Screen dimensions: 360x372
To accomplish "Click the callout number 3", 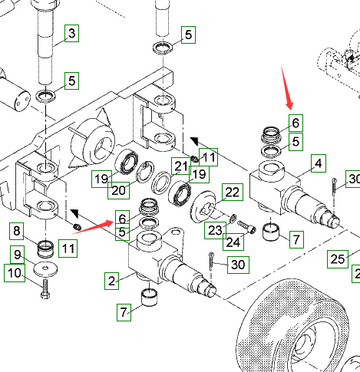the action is (x=71, y=33).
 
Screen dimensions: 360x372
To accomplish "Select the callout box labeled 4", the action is (x=319, y=163).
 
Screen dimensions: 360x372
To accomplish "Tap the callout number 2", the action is (x=111, y=281).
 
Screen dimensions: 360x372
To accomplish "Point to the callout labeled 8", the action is (x=17, y=231).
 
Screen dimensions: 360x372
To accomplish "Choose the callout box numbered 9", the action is (x=18, y=255).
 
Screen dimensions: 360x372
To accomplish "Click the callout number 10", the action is (x=15, y=273).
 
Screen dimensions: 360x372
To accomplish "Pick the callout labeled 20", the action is (x=118, y=190).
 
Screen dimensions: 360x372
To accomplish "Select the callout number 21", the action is (x=181, y=166).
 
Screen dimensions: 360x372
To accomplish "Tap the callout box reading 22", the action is (x=233, y=192).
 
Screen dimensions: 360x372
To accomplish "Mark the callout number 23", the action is (x=215, y=230).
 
